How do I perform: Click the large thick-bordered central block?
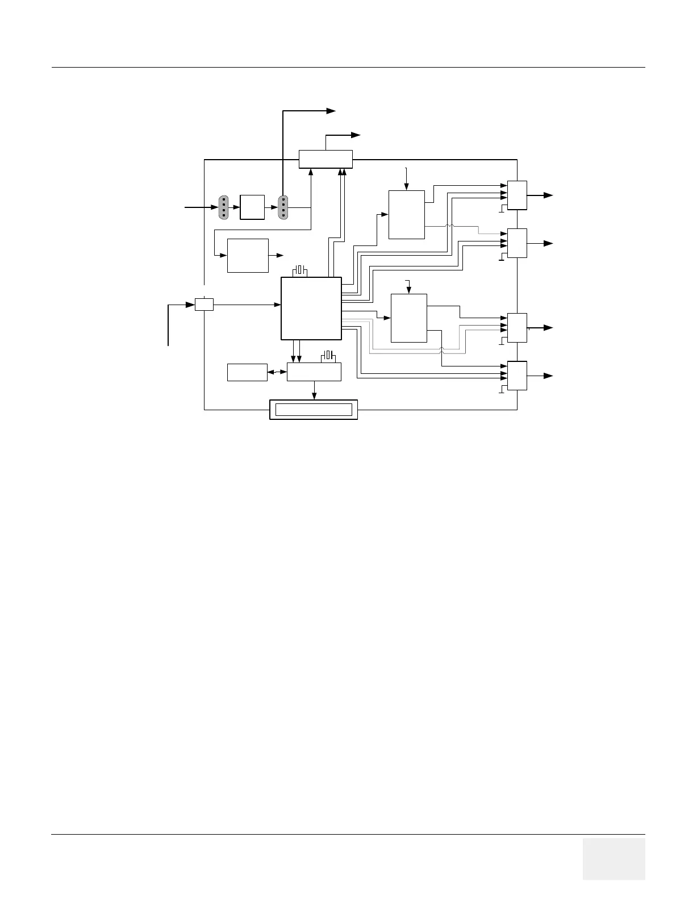click(x=311, y=308)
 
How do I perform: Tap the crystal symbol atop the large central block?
click(x=300, y=270)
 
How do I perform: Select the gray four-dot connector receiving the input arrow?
click(x=224, y=207)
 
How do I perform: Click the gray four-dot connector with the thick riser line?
click(x=283, y=207)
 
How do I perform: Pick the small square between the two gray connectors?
click(x=252, y=207)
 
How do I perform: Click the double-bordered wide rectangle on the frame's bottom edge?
click(x=313, y=410)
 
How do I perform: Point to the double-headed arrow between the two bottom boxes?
click(x=277, y=372)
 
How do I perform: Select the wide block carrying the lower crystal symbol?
click(x=314, y=372)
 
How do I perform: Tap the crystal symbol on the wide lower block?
click(x=329, y=356)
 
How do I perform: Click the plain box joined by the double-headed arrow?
click(x=247, y=372)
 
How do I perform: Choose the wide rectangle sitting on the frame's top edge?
click(x=326, y=159)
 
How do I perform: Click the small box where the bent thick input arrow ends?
click(x=204, y=305)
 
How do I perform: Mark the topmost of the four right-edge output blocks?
click(x=517, y=195)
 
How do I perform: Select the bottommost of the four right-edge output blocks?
click(x=517, y=376)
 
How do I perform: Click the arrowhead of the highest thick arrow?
click(x=331, y=111)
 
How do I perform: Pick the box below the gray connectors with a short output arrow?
click(x=248, y=256)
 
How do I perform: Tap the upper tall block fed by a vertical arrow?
click(x=406, y=215)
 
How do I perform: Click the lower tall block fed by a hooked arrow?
click(x=409, y=318)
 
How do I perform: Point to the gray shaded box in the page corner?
click(x=614, y=859)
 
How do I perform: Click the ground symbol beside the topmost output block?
click(x=501, y=211)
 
